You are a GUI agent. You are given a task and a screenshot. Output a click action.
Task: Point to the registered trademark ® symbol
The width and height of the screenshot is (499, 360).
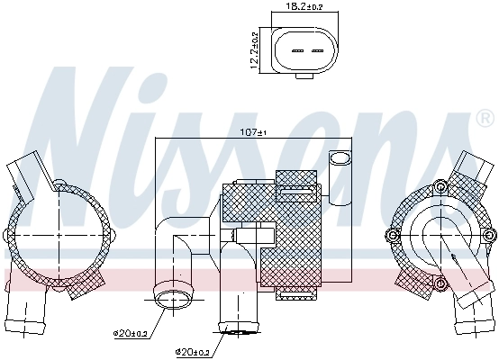[484, 119]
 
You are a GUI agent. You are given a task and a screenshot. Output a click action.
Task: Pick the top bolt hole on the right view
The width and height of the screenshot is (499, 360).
[441, 187]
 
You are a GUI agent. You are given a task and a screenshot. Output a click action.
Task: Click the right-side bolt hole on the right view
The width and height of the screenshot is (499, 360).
[488, 235]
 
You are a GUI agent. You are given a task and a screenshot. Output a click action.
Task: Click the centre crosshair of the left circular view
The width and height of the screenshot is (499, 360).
[59, 235]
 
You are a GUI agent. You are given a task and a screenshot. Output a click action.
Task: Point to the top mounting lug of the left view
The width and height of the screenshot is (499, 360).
[59, 185]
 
